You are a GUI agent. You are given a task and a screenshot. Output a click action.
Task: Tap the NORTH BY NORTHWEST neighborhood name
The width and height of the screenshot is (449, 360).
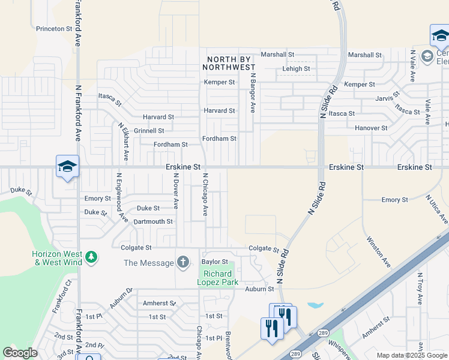pyautogui.click(x=231, y=63)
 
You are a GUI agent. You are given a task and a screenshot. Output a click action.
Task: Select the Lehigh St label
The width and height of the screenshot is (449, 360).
pyautogui.click(x=296, y=69)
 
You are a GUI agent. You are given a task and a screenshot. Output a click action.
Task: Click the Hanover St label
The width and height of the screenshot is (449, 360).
pyautogui.click(x=371, y=128)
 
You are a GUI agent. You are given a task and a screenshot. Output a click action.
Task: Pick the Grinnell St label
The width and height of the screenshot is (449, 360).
pyautogui.click(x=149, y=130)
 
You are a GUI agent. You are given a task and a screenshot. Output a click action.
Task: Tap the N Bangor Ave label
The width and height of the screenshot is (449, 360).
pyautogui.click(x=253, y=93)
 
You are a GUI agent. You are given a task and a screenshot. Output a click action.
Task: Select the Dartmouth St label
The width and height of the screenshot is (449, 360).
pyautogui.click(x=152, y=221)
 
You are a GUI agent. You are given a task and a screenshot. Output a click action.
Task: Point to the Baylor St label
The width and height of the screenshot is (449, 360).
pyautogui.click(x=215, y=262)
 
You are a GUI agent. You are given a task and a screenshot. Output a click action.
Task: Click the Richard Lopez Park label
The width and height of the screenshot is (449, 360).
pyautogui.click(x=217, y=278)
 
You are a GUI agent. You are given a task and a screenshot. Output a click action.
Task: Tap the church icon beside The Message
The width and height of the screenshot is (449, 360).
pyautogui.click(x=182, y=262)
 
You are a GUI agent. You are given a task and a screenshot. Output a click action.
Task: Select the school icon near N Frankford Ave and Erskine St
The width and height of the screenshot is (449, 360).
pyautogui.click(x=67, y=167)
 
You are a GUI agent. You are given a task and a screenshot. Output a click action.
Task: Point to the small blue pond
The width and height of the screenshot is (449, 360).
pyautogui.click(x=315, y=305)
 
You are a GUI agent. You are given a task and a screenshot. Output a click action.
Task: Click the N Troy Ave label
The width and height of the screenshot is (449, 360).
pyautogui.click(x=420, y=287)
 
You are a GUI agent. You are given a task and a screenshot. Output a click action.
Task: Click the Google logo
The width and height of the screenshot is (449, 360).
pyautogui.click(x=20, y=353)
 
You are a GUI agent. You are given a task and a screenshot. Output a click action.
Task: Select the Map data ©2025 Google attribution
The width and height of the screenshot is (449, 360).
pyautogui.click(x=411, y=355)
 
